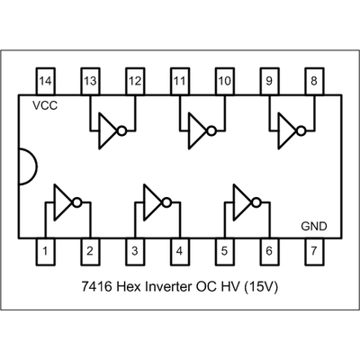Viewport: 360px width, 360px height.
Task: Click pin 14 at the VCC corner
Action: pyautogui.click(x=45, y=81)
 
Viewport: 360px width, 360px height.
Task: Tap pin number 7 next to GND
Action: pyautogui.click(x=314, y=252)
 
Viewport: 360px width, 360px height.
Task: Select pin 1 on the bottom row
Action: pyautogui.click(x=45, y=252)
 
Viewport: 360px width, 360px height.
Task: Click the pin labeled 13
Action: pyautogui.click(x=90, y=81)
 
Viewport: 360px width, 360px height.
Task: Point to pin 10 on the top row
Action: pyautogui.click(x=225, y=81)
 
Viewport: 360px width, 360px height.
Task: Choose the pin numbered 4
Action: pyautogui.click(x=180, y=252)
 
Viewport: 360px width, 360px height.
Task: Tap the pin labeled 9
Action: pyautogui.click(x=269, y=81)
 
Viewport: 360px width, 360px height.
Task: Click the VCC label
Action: pyautogui.click(x=45, y=105)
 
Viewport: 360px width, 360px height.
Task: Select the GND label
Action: pyautogui.click(x=314, y=226)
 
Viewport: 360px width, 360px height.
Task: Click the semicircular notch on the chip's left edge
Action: pyautogui.click(x=37, y=166)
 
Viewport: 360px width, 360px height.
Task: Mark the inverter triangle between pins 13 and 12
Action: pyautogui.click(x=108, y=130)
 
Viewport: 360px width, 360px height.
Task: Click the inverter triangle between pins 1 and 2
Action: pyautogui.click(x=63, y=202)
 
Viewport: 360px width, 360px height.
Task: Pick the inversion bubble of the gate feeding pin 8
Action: pyautogui.click(x=301, y=131)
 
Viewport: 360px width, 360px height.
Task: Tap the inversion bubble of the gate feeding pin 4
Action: pyautogui.click(x=166, y=202)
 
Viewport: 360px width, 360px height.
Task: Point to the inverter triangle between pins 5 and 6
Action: pyautogui.click(x=243, y=202)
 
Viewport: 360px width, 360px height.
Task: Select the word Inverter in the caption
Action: pyautogui.click(x=168, y=287)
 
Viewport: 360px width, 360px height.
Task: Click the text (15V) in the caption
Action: pyautogui.click(x=261, y=287)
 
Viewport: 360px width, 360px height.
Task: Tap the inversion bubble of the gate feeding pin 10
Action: pyautogui.click(x=211, y=131)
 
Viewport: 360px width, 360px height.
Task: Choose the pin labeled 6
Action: pyautogui.click(x=269, y=252)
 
